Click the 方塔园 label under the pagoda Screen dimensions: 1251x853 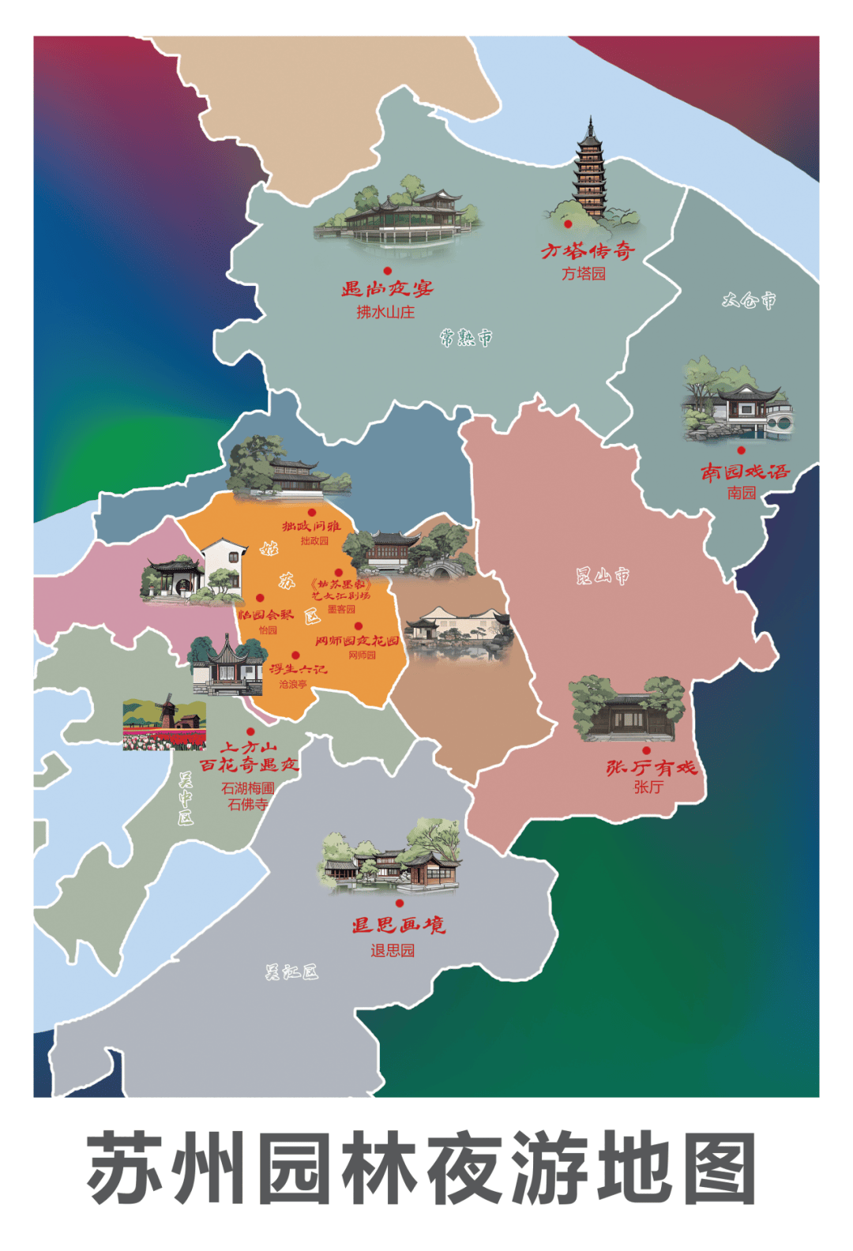(584, 274)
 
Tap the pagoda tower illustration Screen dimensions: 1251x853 (589, 170)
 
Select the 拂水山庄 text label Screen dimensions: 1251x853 (385, 312)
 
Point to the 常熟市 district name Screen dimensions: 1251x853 (466, 338)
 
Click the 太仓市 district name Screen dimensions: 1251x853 (749, 300)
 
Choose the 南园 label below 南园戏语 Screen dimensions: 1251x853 (742, 493)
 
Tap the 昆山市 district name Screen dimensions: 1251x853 (603, 576)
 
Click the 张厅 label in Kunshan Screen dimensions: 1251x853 (648, 787)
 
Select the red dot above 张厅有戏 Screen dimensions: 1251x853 (646, 750)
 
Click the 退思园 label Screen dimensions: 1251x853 (393, 950)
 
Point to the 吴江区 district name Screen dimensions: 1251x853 (291, 972)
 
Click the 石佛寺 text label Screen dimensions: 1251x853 (248, 805)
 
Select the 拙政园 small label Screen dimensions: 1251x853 (314, 541)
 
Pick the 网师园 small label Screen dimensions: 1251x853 (362, 655)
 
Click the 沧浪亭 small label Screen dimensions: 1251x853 (293, 684)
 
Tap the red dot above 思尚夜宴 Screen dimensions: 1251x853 (387, 271)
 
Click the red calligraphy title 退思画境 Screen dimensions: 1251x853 (399, 925)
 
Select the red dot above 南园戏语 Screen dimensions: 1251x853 (741, 450)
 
